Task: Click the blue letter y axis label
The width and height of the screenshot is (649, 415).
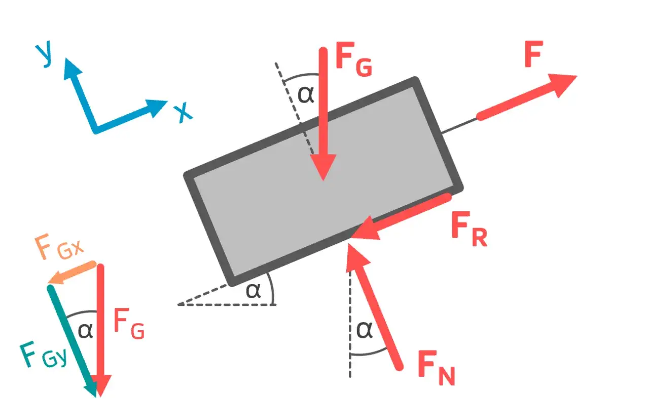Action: [44, 53]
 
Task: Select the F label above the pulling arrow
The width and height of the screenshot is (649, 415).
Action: [534, 54]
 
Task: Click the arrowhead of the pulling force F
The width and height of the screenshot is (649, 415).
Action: [563, 84]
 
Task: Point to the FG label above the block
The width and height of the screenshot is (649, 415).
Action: [354, 59]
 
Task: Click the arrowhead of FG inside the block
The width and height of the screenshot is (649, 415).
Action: [323, 167]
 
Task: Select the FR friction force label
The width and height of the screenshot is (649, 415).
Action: [470, 229]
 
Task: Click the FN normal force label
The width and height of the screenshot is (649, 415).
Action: [437, 367]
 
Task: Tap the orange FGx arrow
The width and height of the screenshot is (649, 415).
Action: [72, 272]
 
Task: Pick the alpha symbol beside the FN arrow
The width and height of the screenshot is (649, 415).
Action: [365, 330]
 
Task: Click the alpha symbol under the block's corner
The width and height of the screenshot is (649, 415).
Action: [253, 291]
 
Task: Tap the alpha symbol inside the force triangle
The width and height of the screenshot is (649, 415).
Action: [86, 331]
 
